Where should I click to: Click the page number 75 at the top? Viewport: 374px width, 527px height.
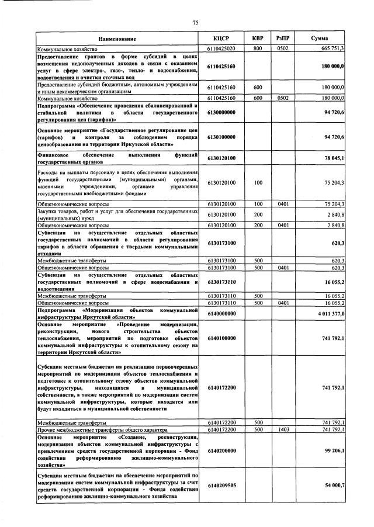[x=196, y=23]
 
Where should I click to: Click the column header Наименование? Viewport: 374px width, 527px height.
[x=121, y=39]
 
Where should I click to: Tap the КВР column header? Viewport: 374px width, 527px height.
[x=258, y=39]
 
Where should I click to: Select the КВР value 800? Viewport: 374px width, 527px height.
[x=258, y=48]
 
